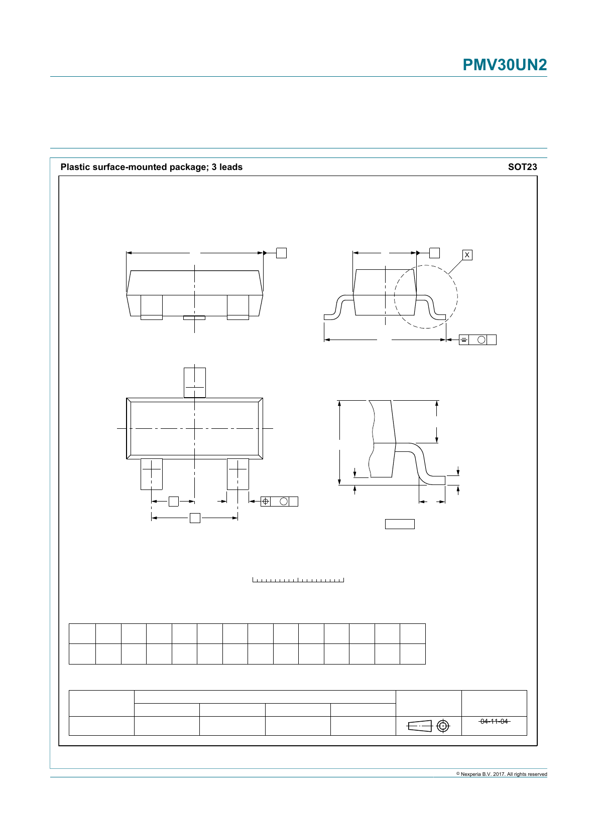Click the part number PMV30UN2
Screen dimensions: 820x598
click(x=504, y=65)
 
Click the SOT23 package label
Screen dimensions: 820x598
click(x=522, y=167)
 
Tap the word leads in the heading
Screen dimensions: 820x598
click(x=231, y=167)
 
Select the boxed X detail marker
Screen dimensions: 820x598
click(x=467, y=255)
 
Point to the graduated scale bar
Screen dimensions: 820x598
click(x=298, y=580)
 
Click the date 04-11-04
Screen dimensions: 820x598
click(x=494, y=721)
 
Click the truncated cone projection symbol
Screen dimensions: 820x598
click(x=420, y=726)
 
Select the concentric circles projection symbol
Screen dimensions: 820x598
click(x=443, y=726)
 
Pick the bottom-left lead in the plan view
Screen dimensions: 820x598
click(x=151, y=473)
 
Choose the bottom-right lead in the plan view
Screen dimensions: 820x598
click(x=237, y=473)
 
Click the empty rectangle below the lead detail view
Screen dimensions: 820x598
click(x=400, y=524)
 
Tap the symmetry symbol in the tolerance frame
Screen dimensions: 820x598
click(x=464, y=340)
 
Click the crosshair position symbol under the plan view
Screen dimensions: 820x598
click(x=266, y=501)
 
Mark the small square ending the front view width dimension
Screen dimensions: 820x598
click(x=281, y=253)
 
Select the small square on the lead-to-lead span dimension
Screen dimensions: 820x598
click(x=195, y=518)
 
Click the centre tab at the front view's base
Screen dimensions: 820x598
click(x=194, y=317)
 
